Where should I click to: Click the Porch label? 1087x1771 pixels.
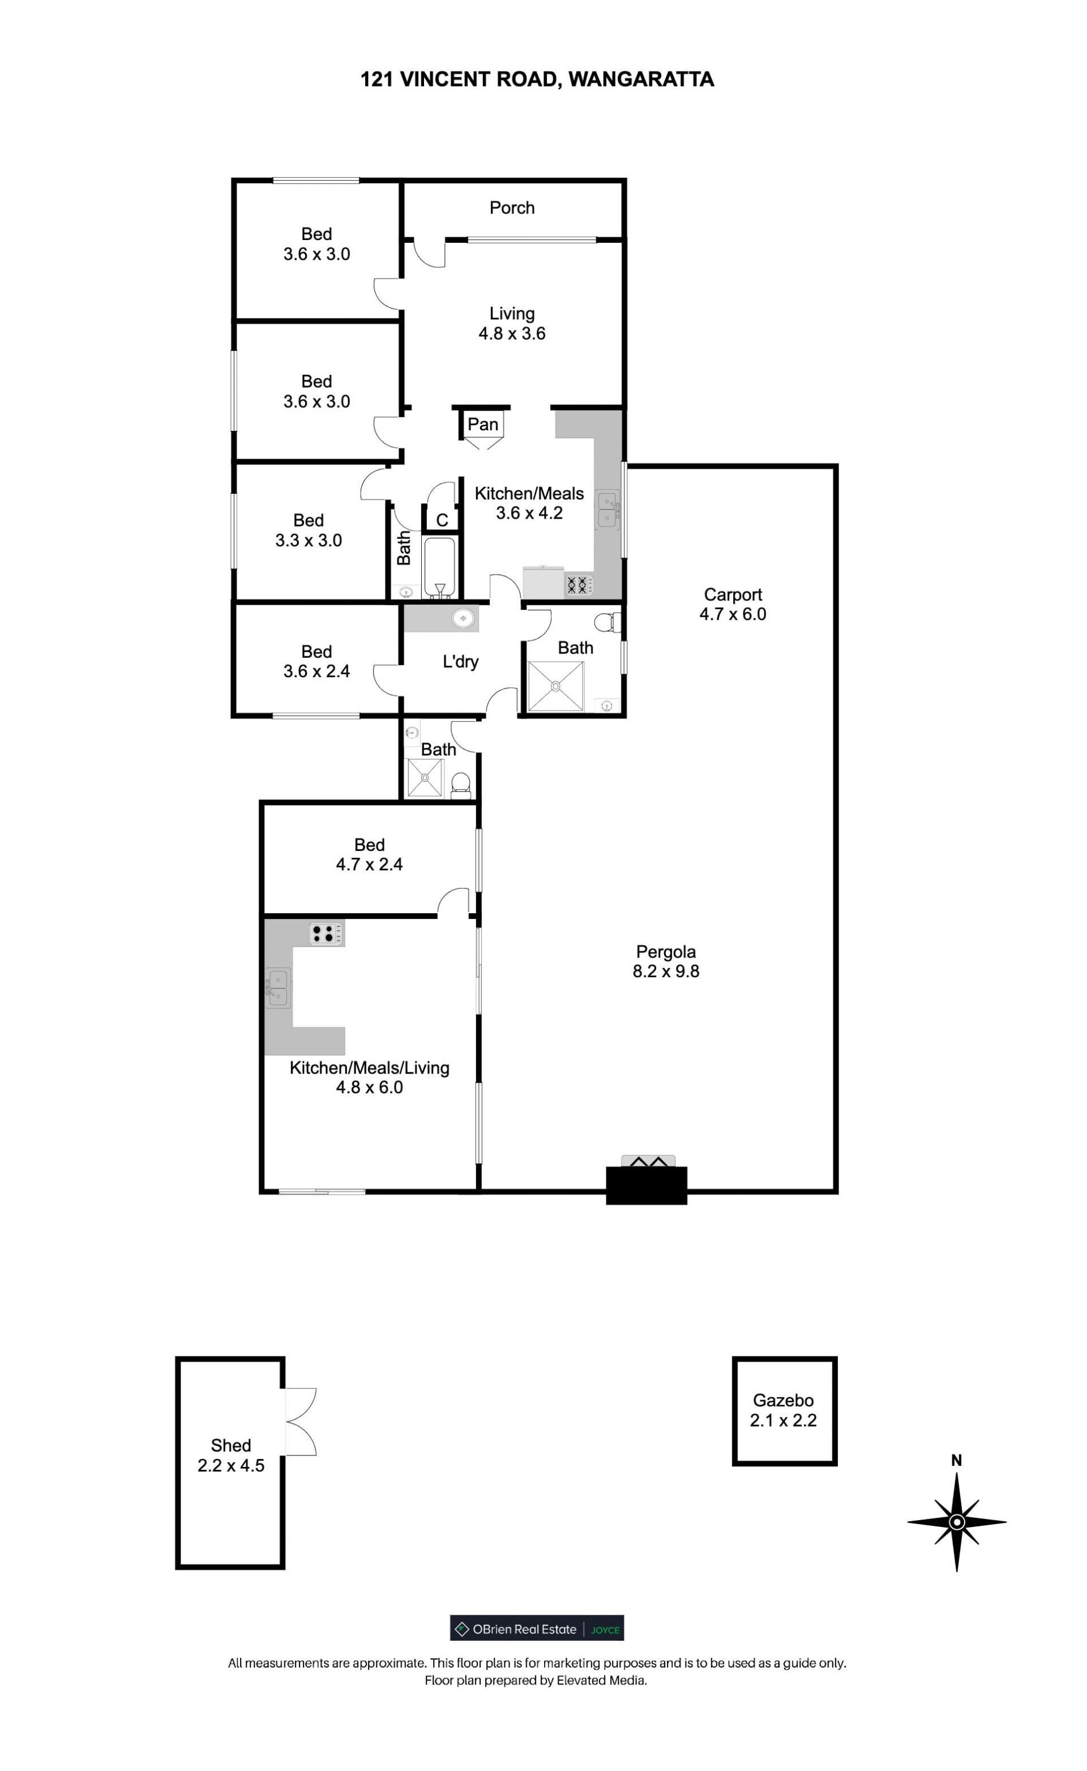point(512,208)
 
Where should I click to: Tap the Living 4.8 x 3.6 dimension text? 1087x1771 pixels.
point(512,333)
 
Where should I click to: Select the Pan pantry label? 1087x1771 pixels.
point(482,424)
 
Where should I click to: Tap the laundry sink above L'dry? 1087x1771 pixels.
point(464,617)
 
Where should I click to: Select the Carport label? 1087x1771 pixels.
point(733,594)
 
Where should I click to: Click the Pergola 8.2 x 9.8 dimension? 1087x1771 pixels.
point(666,971)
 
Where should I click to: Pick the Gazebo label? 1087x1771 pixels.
point(784,1400)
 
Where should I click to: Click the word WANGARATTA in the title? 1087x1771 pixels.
point(641,79)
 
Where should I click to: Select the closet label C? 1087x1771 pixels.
point(442,520)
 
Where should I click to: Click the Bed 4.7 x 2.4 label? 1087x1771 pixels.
point(370,854)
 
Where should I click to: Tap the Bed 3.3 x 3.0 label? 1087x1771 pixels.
point(309,531)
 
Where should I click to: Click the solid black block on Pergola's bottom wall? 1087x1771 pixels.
point(647,1185)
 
